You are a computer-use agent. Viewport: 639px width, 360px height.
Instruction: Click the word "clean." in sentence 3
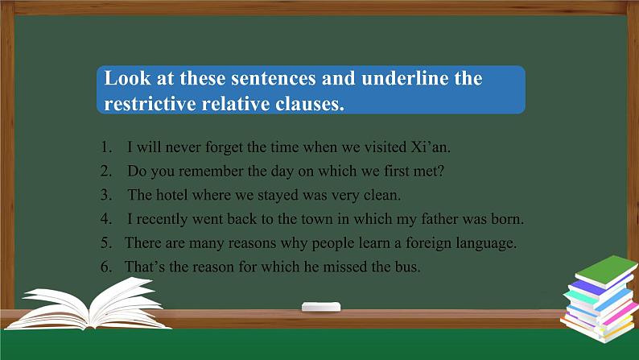coord(383,195)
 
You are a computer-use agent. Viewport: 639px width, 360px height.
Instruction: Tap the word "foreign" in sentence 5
coord(434,242)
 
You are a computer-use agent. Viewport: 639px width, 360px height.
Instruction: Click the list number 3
coord(105,195)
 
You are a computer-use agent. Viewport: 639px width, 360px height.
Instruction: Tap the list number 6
coord(105,267)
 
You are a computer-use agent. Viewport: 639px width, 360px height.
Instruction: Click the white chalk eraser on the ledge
coord(320,307)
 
